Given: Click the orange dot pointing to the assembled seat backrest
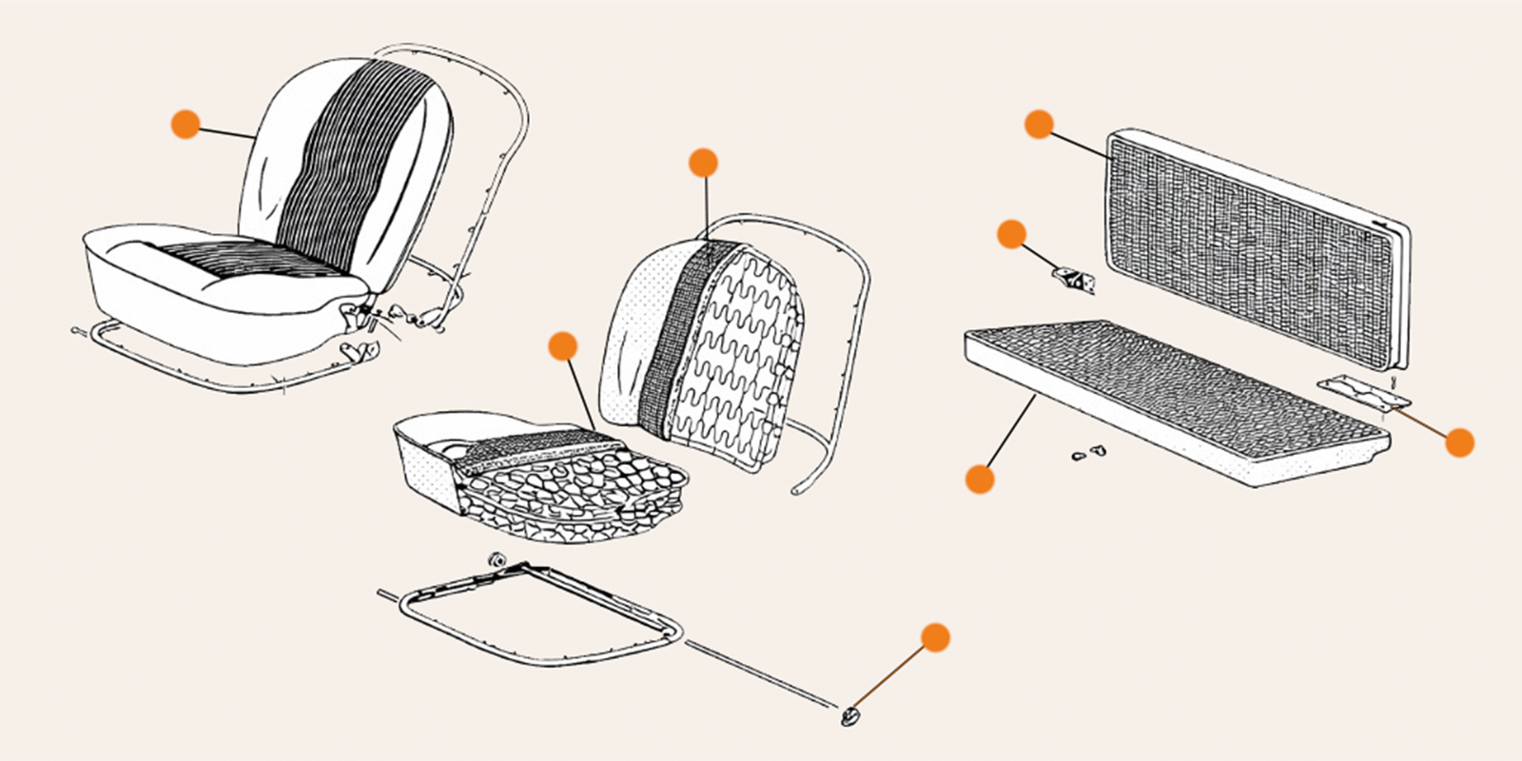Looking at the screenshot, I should [185, 124].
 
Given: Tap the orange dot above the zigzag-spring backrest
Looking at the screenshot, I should [703, 163].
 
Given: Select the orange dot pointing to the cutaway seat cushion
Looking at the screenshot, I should [563, 346].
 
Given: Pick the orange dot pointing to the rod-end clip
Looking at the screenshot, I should [936, 637].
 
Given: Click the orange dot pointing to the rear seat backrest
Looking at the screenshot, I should [1039, 124].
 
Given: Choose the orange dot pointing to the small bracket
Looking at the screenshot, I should [1011, 234].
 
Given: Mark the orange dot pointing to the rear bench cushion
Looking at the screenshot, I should [979, 478].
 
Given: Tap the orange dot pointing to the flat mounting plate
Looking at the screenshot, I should [1459, 442].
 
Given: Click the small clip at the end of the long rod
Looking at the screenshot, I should [849, 715].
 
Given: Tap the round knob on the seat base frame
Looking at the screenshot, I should [495, 559].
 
